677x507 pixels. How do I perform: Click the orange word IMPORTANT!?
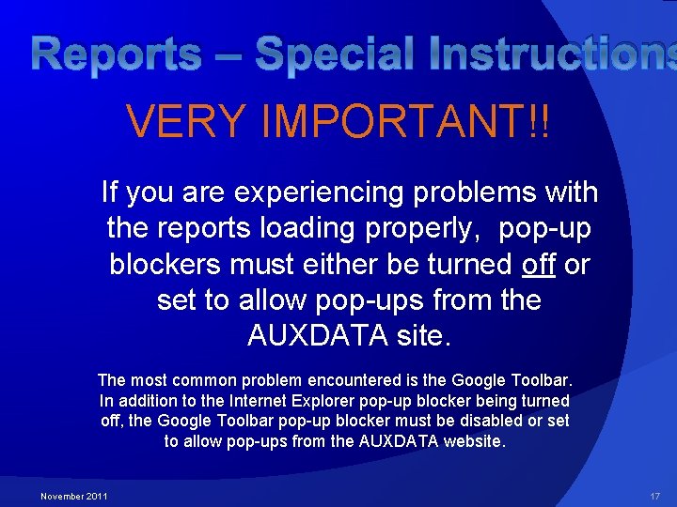[405, 120]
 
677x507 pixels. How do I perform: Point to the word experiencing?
[319, 192]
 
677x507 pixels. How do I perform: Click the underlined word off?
[538, 264]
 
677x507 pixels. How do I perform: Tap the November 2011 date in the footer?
[73, 496]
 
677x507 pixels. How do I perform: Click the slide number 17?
[655, 496]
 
